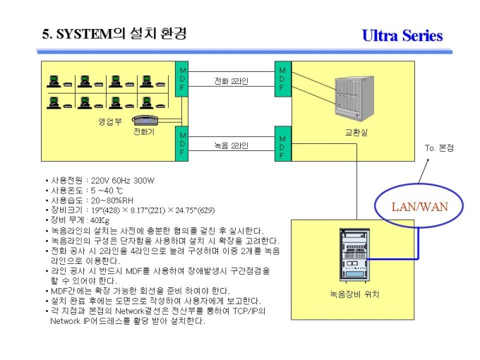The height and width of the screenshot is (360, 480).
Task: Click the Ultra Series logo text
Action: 402,35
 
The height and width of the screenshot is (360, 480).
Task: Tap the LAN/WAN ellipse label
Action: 420,207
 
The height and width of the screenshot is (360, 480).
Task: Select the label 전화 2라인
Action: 231,81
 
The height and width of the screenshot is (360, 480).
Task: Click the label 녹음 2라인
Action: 231,145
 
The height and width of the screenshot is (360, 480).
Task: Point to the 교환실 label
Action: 356,133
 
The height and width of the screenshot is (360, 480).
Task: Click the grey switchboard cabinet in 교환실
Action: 354,99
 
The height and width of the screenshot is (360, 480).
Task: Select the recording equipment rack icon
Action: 354,255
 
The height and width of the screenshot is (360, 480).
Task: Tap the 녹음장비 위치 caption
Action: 354,294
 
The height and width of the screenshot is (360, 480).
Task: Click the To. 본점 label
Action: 439,148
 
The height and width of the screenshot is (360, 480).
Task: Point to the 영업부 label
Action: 110,122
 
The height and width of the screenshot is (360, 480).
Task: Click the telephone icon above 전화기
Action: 145,120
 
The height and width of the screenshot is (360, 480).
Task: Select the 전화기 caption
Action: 144,131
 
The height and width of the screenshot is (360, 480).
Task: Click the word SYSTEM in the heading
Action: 85,34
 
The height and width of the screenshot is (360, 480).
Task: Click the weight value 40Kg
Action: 100,220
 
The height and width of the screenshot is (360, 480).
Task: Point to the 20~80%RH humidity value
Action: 112,200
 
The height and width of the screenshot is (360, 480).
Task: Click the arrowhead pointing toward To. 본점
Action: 428,160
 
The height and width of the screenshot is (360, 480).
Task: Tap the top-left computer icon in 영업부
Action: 54,81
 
